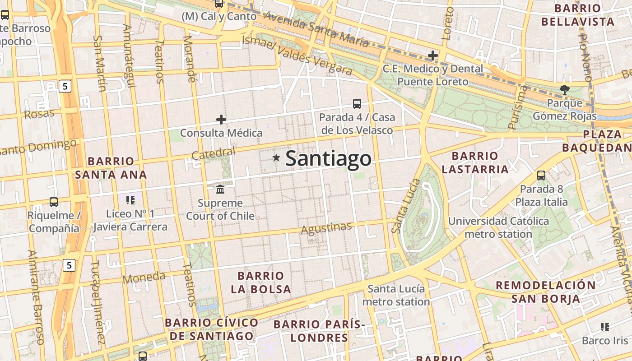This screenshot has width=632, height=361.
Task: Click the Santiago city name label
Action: pyautogui.click(x=329, y=159)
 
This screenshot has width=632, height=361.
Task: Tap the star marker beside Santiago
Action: pyautogui.click(x=276, y=158)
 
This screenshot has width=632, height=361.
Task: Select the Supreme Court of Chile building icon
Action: pyautogui.click(x=220, y=189)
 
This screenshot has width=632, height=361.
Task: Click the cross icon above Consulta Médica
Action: pyautogui.click(x=221, y=120)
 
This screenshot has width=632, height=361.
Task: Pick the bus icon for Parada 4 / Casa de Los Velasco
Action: pyautogui.click(x=357, y=104)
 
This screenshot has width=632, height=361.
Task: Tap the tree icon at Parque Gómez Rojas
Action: pyautogui.click(x=564, y=89)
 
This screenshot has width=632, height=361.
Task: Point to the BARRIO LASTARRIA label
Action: pyautogui.click(x=475, y=163)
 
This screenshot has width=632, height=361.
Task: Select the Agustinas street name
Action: pyautogui.click(x=326, y=228)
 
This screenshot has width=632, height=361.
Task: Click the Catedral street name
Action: pyautogui.click(x=214, y=153)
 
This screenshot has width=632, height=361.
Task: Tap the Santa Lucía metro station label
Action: pyautogui.click(x=396, y=295)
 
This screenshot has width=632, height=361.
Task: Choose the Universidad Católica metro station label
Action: pyautogui.click(x=498, y=227)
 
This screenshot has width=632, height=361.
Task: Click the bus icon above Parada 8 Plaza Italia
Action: pyautogui.click(x=541, y=175)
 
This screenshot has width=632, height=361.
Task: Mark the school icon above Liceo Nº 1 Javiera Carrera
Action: pyautogui.click(x=130, y=200)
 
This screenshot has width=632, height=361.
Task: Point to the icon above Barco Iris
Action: pyautogui.click(x=604, y=327)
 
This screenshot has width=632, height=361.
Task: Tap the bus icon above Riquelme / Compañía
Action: pyautogui.click(x=54, y=202)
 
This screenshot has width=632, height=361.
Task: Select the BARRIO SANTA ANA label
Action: pyautogui.click(x=111, y=168)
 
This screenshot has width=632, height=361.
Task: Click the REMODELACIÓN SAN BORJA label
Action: pyautogui.click(x=546, y=292)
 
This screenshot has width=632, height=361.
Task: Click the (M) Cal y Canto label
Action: pyautogui.click(x=219, y=17)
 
